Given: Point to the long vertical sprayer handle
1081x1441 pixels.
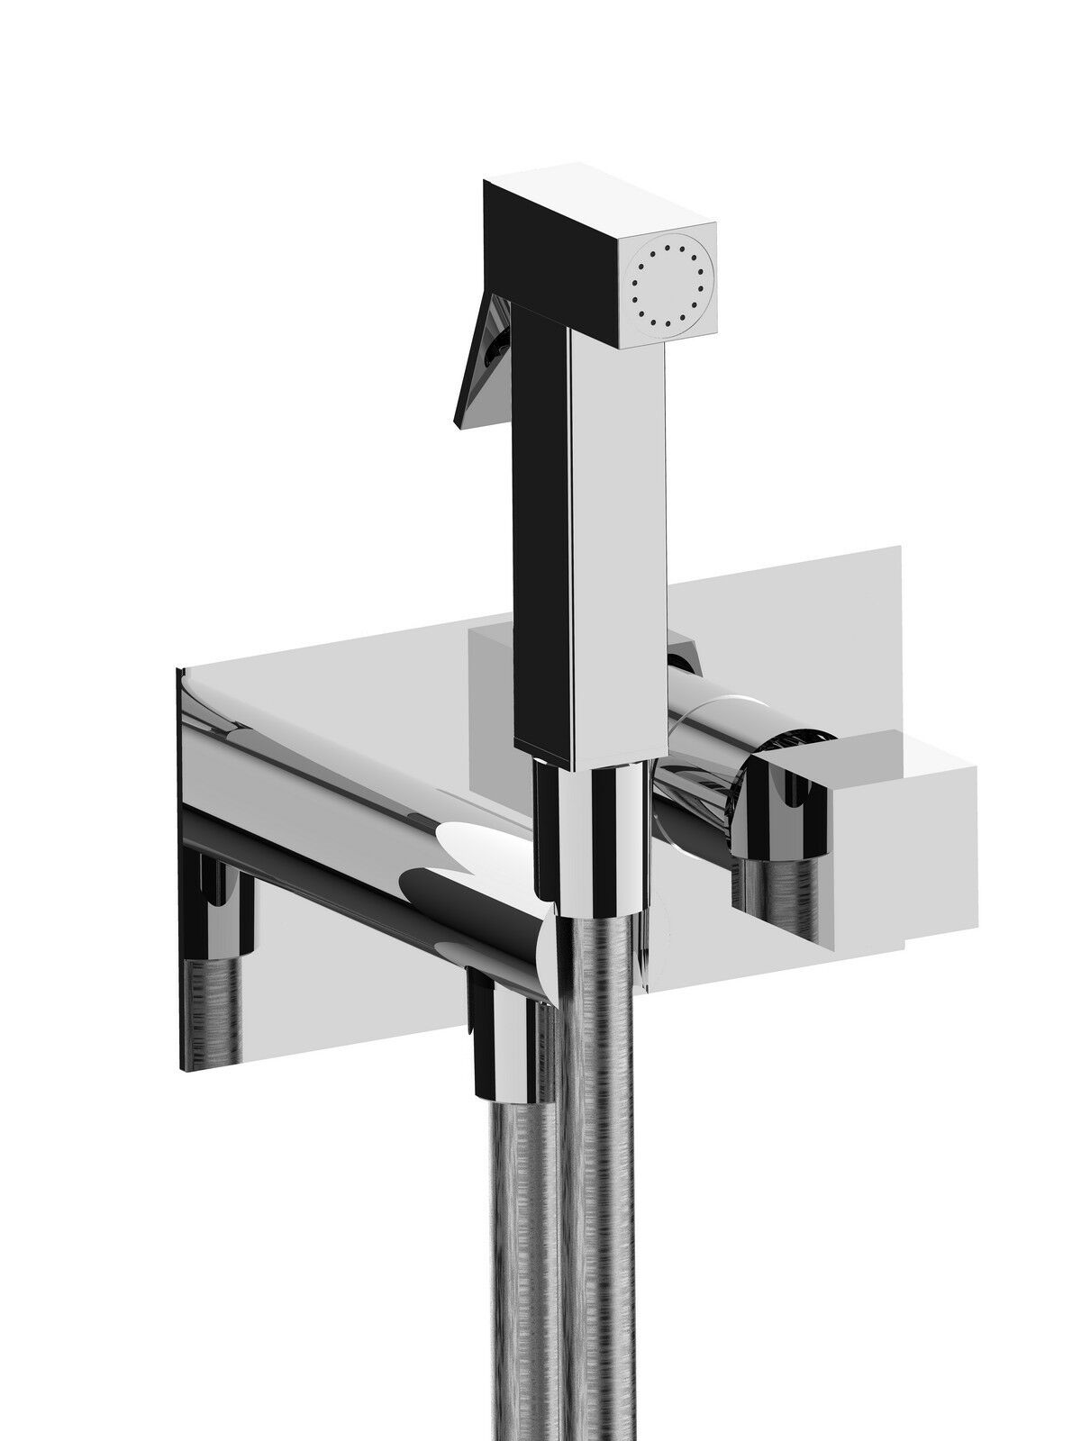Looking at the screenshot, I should tap(587, 540).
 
